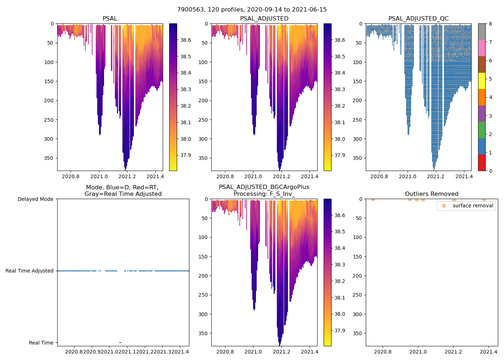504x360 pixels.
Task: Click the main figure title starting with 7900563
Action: tap(252, 10)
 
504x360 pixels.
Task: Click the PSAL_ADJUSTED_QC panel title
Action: tap(418, 19)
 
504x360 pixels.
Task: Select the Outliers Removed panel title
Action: tap(432, 194)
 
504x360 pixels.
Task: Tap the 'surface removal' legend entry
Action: tap(473, 206)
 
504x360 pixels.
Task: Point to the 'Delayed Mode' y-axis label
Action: tap(35, 199)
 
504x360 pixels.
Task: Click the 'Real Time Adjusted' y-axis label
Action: tap(30, 271)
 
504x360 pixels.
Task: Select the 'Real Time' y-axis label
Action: tap(41, 343)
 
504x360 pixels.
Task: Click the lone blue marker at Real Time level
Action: tap(120, 342)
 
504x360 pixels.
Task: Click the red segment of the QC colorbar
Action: tap(482, 162)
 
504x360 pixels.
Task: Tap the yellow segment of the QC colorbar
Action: tap(482, 81)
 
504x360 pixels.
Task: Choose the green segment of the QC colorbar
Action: tap(482, 130)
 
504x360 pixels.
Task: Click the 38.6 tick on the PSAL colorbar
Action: tap(185, 40)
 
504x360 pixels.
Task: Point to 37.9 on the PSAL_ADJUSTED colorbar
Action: tap(340, 155)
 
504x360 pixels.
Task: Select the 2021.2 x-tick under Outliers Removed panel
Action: tap(454, 352)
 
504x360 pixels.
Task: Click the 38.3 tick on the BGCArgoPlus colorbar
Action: tap(340, 265)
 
